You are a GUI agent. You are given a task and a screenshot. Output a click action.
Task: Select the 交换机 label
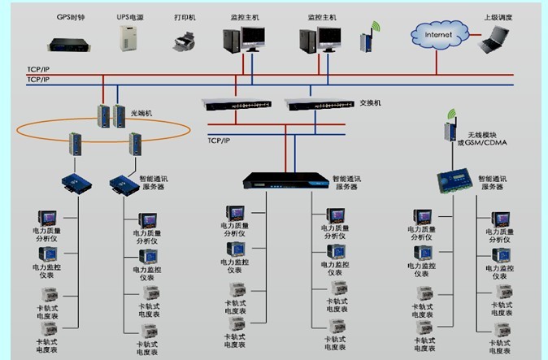[370, 103]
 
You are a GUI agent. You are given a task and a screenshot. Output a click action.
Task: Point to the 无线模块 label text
[477, 136]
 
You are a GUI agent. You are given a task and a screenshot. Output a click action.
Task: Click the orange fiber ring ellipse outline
[49, 133]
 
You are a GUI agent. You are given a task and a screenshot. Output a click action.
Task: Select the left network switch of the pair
[236, 104]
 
